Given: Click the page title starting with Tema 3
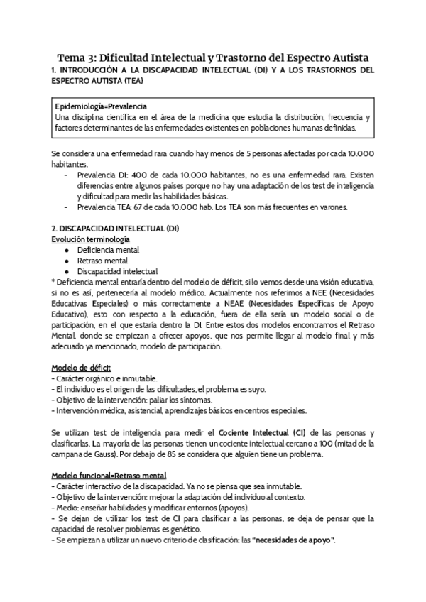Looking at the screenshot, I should (213, 57).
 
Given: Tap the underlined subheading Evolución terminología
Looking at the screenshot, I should (90, 239).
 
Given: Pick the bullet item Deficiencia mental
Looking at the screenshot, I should (108, 250).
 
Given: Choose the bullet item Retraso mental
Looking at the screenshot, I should (102, 261).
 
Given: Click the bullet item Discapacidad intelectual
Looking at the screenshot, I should (117, 271).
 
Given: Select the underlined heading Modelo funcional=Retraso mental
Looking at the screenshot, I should (109, 475).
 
